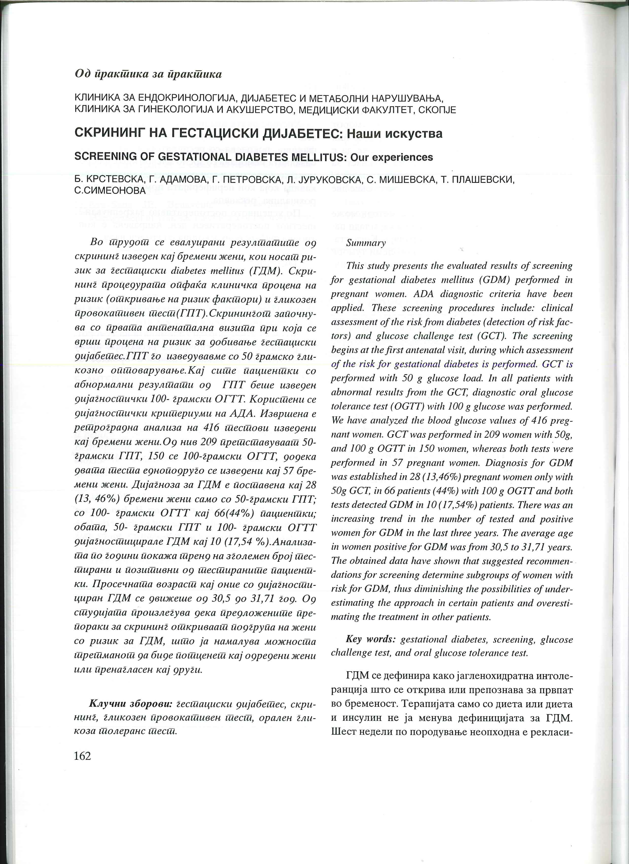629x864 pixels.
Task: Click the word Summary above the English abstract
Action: coord(366,243)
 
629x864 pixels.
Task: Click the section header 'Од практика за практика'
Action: coord(148,74)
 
